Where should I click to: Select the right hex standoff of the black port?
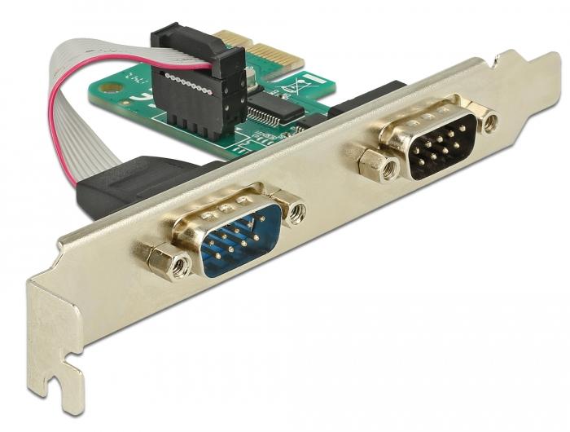pos(489,123)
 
